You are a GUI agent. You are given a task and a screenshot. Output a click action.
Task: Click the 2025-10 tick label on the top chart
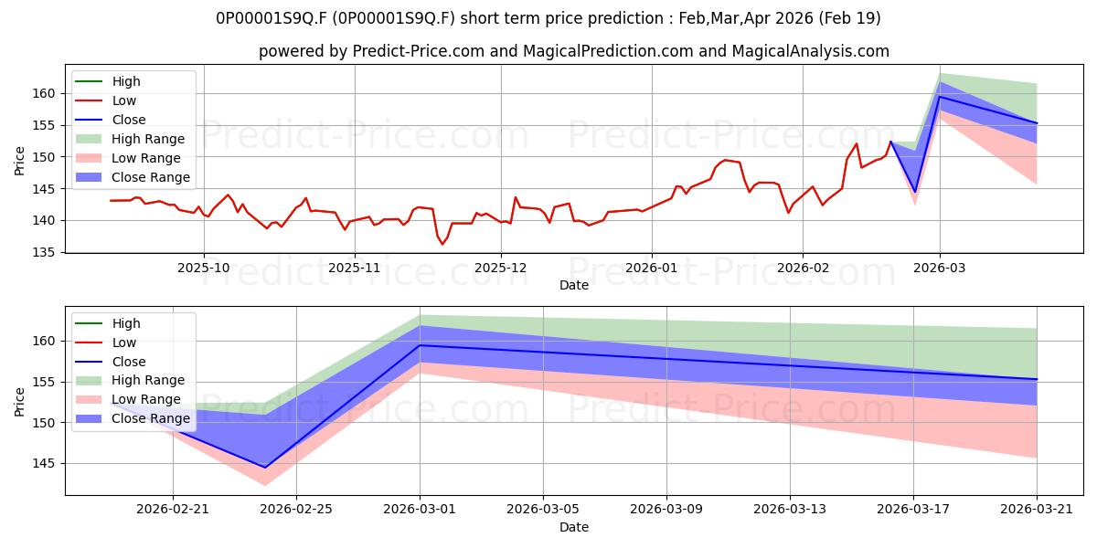(204, 268)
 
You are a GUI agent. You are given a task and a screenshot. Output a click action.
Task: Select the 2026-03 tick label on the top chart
(940, 268)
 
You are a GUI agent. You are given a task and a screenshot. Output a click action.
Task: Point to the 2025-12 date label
(501, 268)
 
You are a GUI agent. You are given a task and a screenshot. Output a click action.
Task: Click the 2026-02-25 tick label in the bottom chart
(296, 510)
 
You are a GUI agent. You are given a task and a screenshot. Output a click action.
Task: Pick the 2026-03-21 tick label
(1037, 510)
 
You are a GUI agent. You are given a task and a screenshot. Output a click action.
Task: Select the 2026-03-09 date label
(666, 510)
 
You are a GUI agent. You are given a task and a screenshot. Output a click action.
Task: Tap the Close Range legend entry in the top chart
(133, 177)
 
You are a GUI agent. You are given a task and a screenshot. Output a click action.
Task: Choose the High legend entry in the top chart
(108, 81)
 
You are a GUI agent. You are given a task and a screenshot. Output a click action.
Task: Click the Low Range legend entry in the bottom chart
(128, 399)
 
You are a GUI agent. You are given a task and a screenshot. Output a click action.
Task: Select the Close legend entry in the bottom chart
(111, 362)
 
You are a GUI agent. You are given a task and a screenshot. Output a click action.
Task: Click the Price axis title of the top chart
(19, 161)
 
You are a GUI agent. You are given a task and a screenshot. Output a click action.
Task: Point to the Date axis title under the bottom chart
(574, 527)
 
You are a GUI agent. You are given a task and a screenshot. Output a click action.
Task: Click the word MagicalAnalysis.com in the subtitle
(811, 51)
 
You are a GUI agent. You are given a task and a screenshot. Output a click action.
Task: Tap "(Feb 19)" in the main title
(849, 18)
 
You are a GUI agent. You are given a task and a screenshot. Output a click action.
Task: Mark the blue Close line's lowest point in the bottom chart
(265, 468)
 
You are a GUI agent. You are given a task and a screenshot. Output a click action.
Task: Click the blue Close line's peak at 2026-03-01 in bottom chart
(420, 345)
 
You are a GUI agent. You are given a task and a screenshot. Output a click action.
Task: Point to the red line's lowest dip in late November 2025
(442, 244)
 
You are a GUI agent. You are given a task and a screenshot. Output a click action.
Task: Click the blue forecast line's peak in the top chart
(940, 97)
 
